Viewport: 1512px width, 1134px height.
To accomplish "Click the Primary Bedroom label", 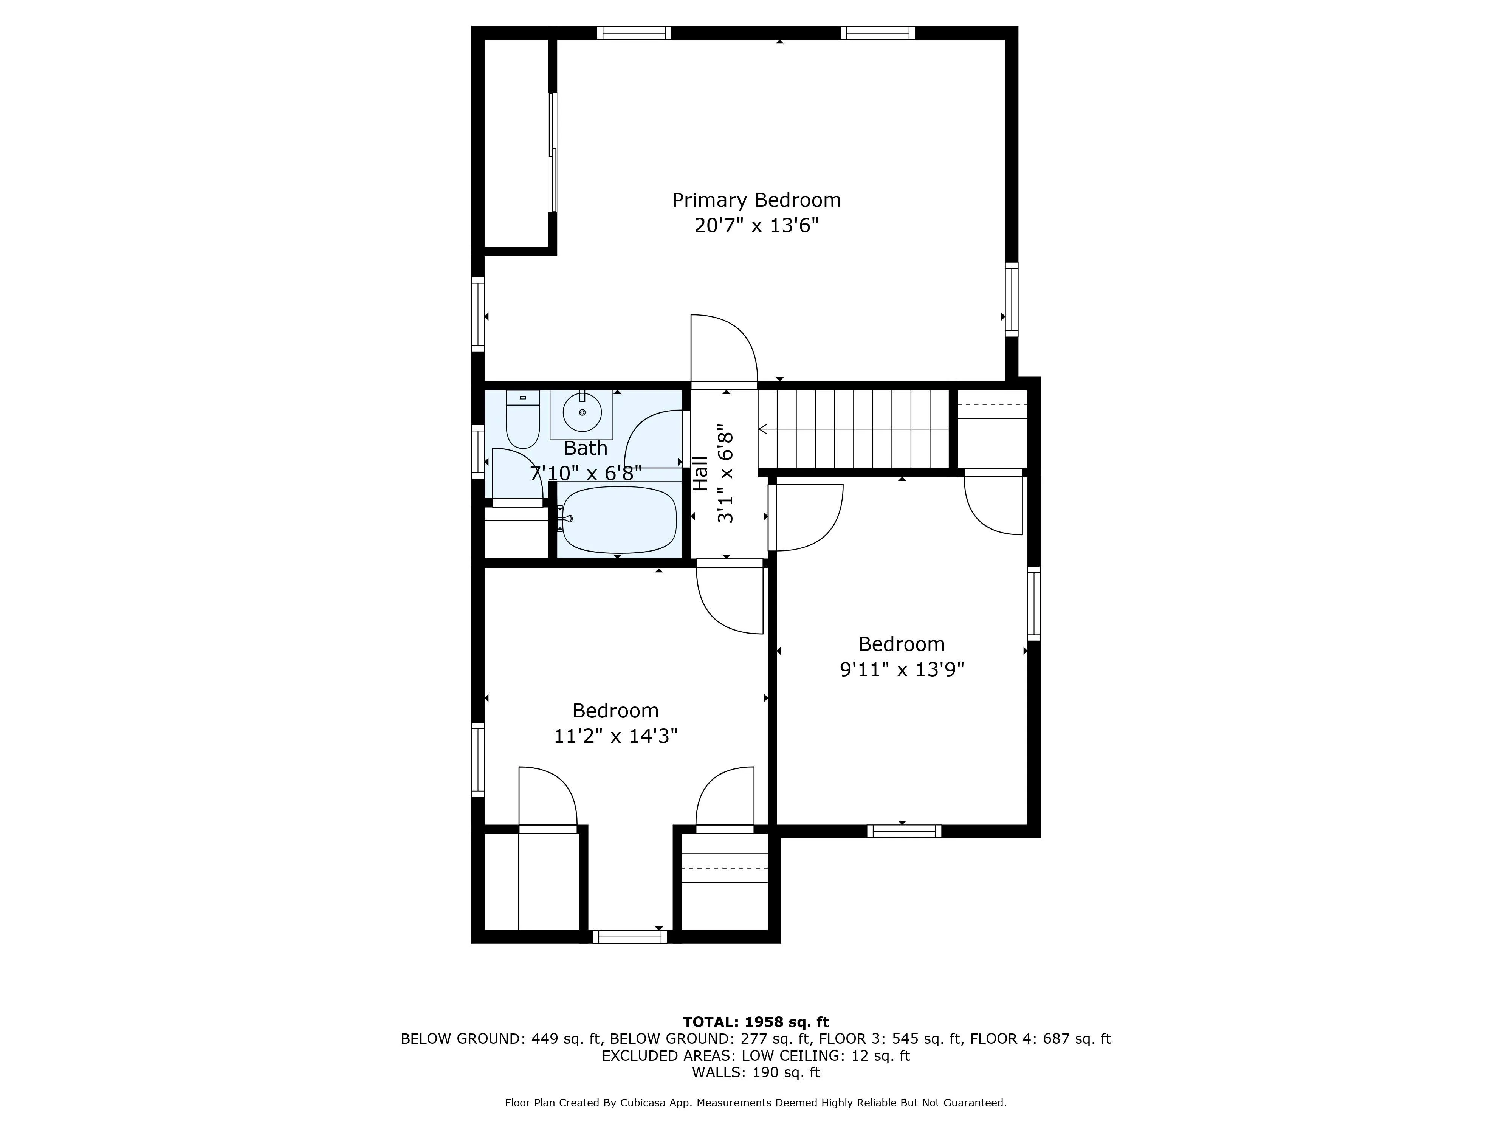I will click(756, 200).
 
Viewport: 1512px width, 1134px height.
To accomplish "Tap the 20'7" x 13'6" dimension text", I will click(756, 226).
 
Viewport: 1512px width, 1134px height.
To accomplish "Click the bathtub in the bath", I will click(619, 519).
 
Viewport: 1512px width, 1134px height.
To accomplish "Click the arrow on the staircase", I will click(764, 429).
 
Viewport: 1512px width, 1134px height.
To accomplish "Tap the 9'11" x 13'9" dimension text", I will click(902, 669).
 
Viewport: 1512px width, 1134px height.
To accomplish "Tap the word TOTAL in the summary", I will click(710, 1022).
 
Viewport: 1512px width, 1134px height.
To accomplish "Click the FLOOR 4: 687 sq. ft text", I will click(1039, 1039).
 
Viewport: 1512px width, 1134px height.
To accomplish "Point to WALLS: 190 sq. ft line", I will click(755, 1072).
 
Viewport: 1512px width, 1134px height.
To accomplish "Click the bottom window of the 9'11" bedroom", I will click(904, 831).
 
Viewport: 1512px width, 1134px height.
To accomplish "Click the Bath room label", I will click(586, 448).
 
